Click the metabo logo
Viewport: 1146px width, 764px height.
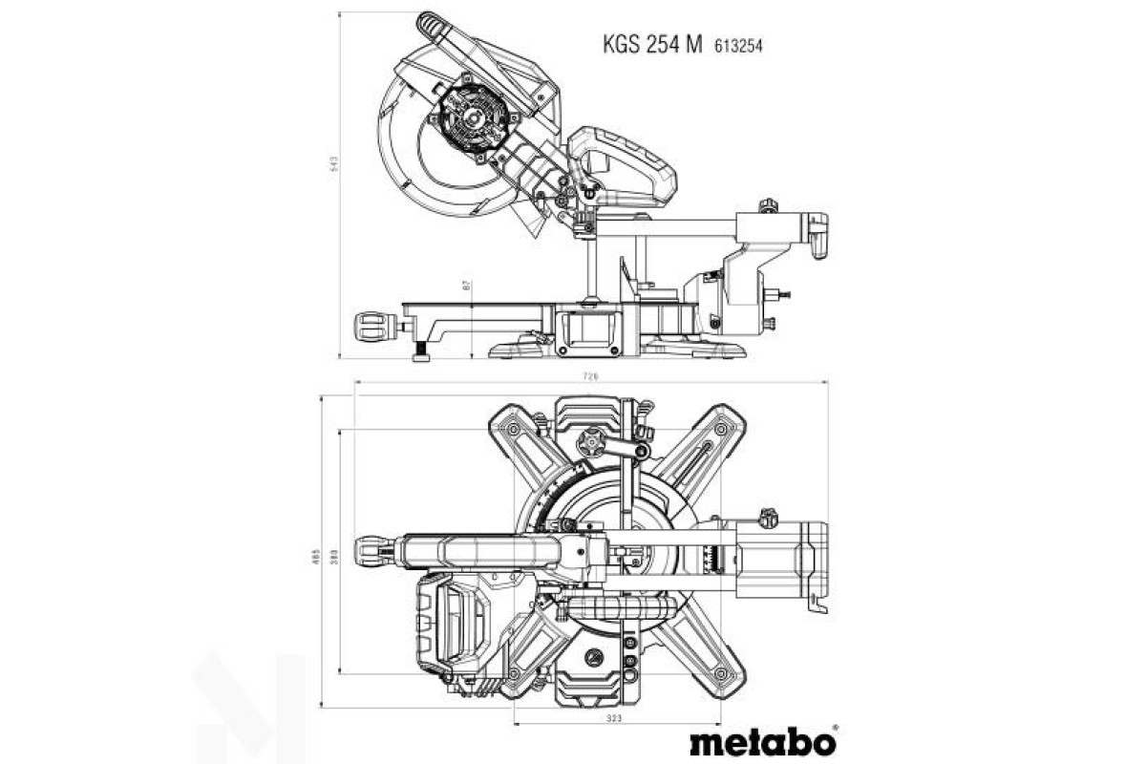tap(761, 740)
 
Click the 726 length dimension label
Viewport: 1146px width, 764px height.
tap(591, 377)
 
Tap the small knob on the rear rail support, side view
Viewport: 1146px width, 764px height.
tap(768, 205)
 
